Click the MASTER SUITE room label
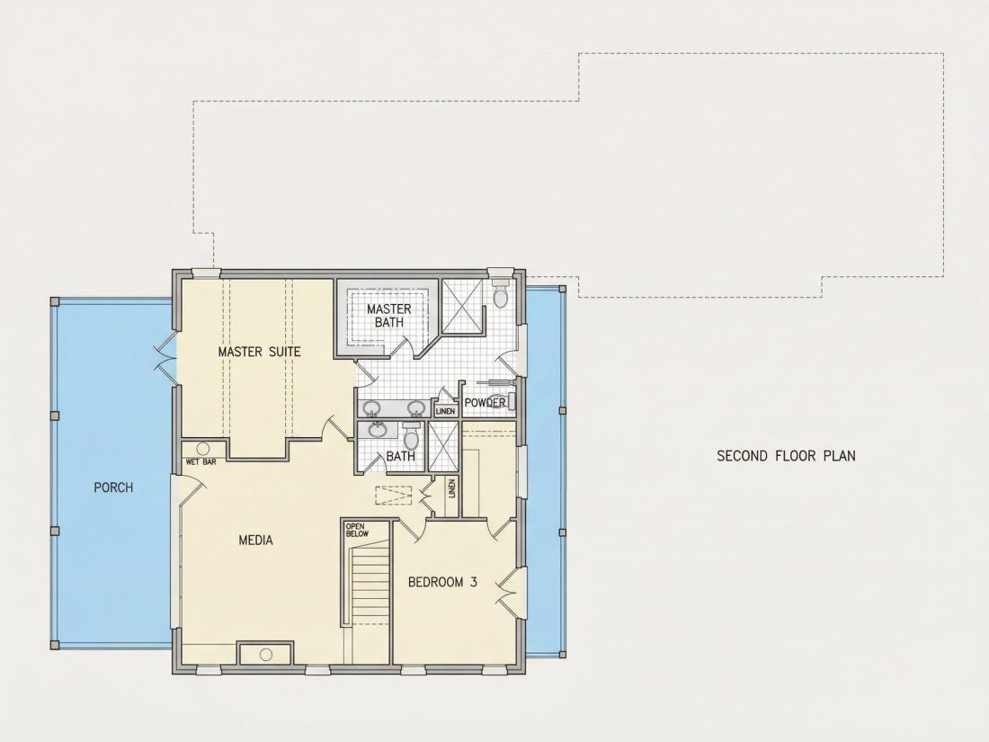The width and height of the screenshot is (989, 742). [259, 352]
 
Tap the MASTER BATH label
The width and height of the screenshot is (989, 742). [388, 315]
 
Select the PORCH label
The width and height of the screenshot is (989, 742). [113, 487]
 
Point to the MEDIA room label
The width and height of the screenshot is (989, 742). [256, 541]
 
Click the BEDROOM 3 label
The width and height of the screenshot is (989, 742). [442, 582]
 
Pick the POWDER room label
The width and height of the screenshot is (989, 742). [485, 403]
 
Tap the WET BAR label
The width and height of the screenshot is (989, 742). [201, 462]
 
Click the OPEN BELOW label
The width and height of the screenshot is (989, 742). [356, 530]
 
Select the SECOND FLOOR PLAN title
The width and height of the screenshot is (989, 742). [786, 456]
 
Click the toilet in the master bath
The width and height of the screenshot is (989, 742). [501, 294]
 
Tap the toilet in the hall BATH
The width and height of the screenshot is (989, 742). [411, 434]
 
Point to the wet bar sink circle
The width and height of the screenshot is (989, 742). [202, 449]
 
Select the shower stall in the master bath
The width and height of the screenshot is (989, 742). [462, 305]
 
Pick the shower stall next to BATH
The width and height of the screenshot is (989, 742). [443, 446]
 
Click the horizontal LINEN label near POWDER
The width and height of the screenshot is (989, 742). [445, 411]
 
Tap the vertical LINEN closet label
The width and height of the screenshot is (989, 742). [451, 488]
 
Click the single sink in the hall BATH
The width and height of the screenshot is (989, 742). [378, 430]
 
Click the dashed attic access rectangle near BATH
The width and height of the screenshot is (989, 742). [394, 496]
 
